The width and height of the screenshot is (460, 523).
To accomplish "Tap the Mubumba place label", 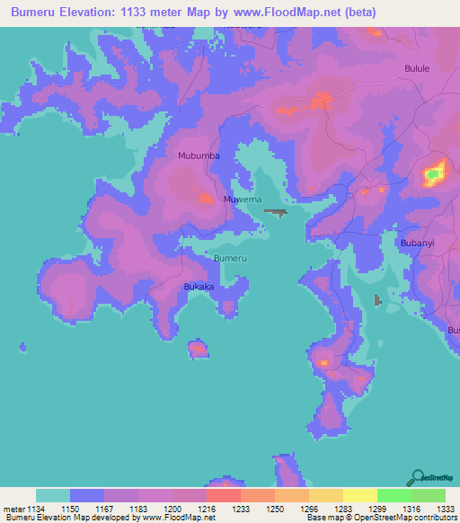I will pos(199,155).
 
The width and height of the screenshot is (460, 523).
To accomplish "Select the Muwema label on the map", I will pos(242,199).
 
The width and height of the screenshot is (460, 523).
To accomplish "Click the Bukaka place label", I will pos(199,287).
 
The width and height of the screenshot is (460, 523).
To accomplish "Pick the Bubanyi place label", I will pos(419,242).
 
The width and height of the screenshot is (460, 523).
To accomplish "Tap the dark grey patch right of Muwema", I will pos(276,213).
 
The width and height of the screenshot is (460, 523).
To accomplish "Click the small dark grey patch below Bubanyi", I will pos(377,299).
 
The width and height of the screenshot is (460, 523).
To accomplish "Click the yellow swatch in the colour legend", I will pos(359,495).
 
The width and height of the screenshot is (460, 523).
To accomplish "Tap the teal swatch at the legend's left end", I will pos(53,495).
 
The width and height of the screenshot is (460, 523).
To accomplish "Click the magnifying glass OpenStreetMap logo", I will pos(417,477).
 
